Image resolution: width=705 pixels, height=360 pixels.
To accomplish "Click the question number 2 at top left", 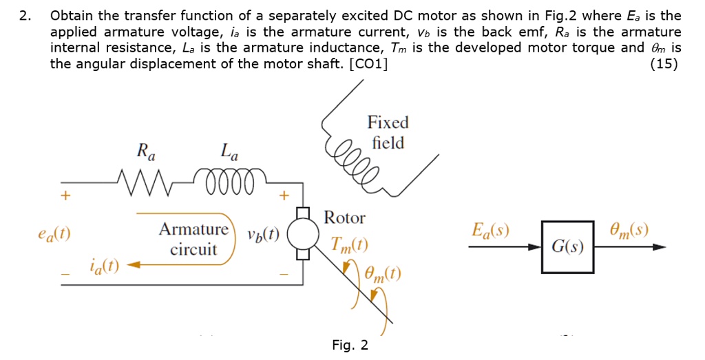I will point(25,16).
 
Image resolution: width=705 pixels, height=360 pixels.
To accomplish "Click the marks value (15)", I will point(664,64).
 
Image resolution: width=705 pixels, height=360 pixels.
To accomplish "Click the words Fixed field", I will point(388,133).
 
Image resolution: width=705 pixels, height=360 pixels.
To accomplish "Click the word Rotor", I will point(344,218).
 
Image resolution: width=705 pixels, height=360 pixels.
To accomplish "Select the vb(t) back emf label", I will point(263,233).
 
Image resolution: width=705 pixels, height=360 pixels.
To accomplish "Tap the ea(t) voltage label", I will point(54,233).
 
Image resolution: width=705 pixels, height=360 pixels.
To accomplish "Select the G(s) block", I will point(567,246).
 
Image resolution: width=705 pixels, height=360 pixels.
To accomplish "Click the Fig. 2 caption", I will point(350,345).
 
